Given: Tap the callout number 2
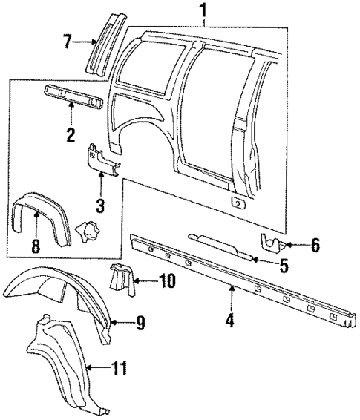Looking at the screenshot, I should pos(70,135).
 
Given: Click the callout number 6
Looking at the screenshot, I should pos(315,244).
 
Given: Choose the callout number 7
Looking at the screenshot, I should pos(67,42).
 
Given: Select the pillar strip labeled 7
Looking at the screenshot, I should pos(101,43).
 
